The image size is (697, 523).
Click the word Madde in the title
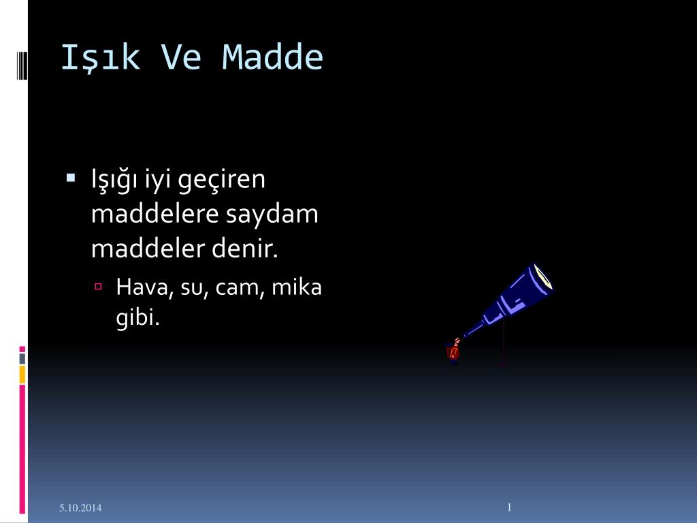[272, 57]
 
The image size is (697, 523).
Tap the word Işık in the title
[100, 58]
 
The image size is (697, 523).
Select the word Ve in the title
[181, 57]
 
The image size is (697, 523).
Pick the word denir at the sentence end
[244, 248]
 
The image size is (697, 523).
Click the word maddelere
[155, 213]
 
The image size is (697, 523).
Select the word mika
[297, 287]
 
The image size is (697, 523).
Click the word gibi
[137, 317]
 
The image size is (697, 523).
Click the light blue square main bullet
[70, 178]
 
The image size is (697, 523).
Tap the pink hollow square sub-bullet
[98, 287]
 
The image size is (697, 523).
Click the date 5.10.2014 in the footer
[80, 507]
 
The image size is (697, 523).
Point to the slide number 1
[509, 507]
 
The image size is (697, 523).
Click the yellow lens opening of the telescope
[542, 276]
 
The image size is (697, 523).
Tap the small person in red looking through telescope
[453, 351]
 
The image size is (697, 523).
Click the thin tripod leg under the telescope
[504, 343]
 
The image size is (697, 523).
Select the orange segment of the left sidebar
[22, 375]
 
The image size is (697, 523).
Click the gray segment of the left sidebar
[22, 359]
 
